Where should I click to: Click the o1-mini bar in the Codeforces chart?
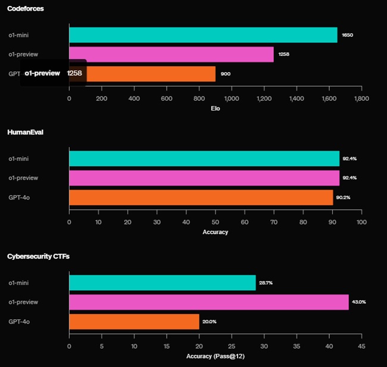click(203, 35)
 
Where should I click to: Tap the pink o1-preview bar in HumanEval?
click(204, 178)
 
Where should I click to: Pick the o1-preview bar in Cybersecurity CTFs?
click(208, 302)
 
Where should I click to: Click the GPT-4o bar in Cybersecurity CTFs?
click(134, 322)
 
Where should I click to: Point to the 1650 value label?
click(348, 35)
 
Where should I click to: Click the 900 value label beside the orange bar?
click(225, 74)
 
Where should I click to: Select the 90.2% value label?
click(342, 197)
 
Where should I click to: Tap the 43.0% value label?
click(359, 302)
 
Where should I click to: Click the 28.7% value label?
click(266, 283)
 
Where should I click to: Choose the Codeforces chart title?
click(25, 8)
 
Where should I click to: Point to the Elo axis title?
click(216, 108)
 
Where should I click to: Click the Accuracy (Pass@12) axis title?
click(215, 356)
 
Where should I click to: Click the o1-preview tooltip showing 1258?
click(54, 73)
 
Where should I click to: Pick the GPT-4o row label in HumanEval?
click(19, 197)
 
